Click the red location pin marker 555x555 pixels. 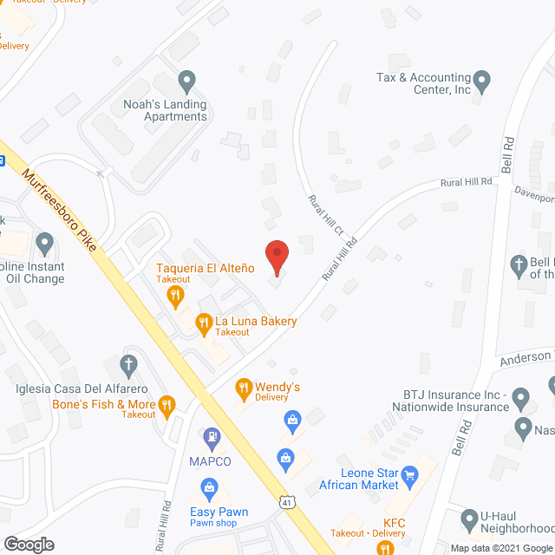click(276, 258)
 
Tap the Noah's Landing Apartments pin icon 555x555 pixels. click(186, 83)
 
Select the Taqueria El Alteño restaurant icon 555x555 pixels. click(175, 297)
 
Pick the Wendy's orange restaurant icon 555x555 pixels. click(245, 387)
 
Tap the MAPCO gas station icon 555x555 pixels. click(210, 439)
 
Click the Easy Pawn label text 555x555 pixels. click(219, 512)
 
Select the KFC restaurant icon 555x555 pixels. click(379, 523)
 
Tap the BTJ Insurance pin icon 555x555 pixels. click(521, 399)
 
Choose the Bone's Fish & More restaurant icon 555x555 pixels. click(168, 404)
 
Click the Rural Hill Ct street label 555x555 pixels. click(327, 216)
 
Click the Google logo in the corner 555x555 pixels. click(28, 544)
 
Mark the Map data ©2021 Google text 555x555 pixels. click(500, 547)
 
